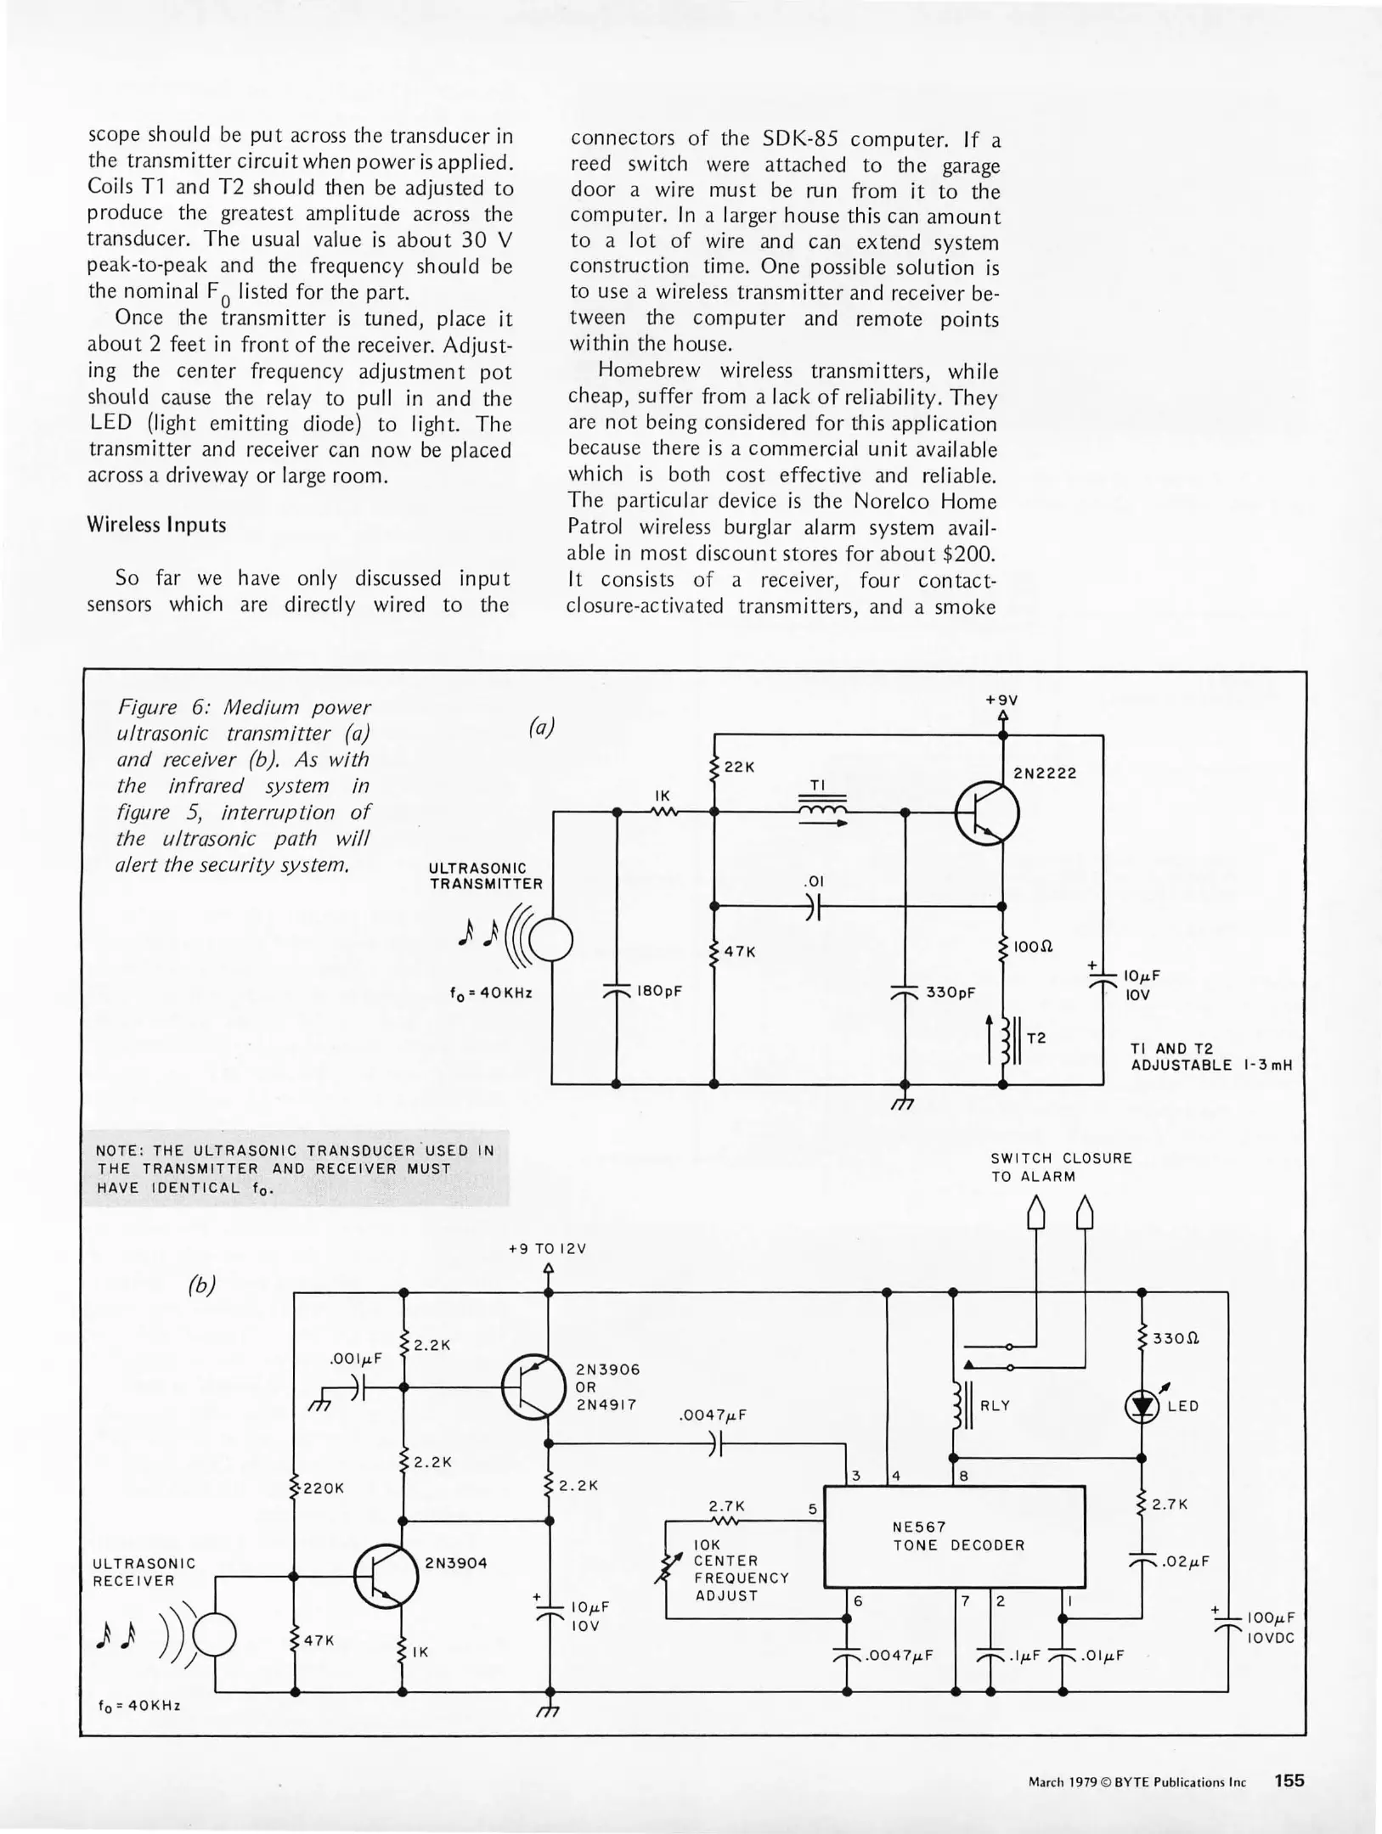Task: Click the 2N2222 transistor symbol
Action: pyautogui.click(x=987, y=813)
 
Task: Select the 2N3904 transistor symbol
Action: pyautogui.click(x=386, y=1576)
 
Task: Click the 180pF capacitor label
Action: pyautogui.click(x=659, y=991)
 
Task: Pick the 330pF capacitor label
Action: pyautogui.click(x=950, y=992)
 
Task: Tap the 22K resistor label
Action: pyautogui.click(x=738, y=767)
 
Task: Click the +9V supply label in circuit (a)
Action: pyautogui.click(x=1001, y=700)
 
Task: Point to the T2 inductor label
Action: pyautogui.click(x=1036, y=1038)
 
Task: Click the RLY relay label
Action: pyautogui.click(x=995, y=1406)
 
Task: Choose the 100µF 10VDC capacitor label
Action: pyautogui.click(x=1270, y=1629)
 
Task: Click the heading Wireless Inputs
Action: pyautogui.click(x=156, y=525)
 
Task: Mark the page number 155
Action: pyautogui.click(x=1289, y=1781)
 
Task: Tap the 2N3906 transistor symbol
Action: pyautogui.click(x=533, y=1387)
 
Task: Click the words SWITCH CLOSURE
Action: pyautogui.click(x=1061, y=1158)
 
